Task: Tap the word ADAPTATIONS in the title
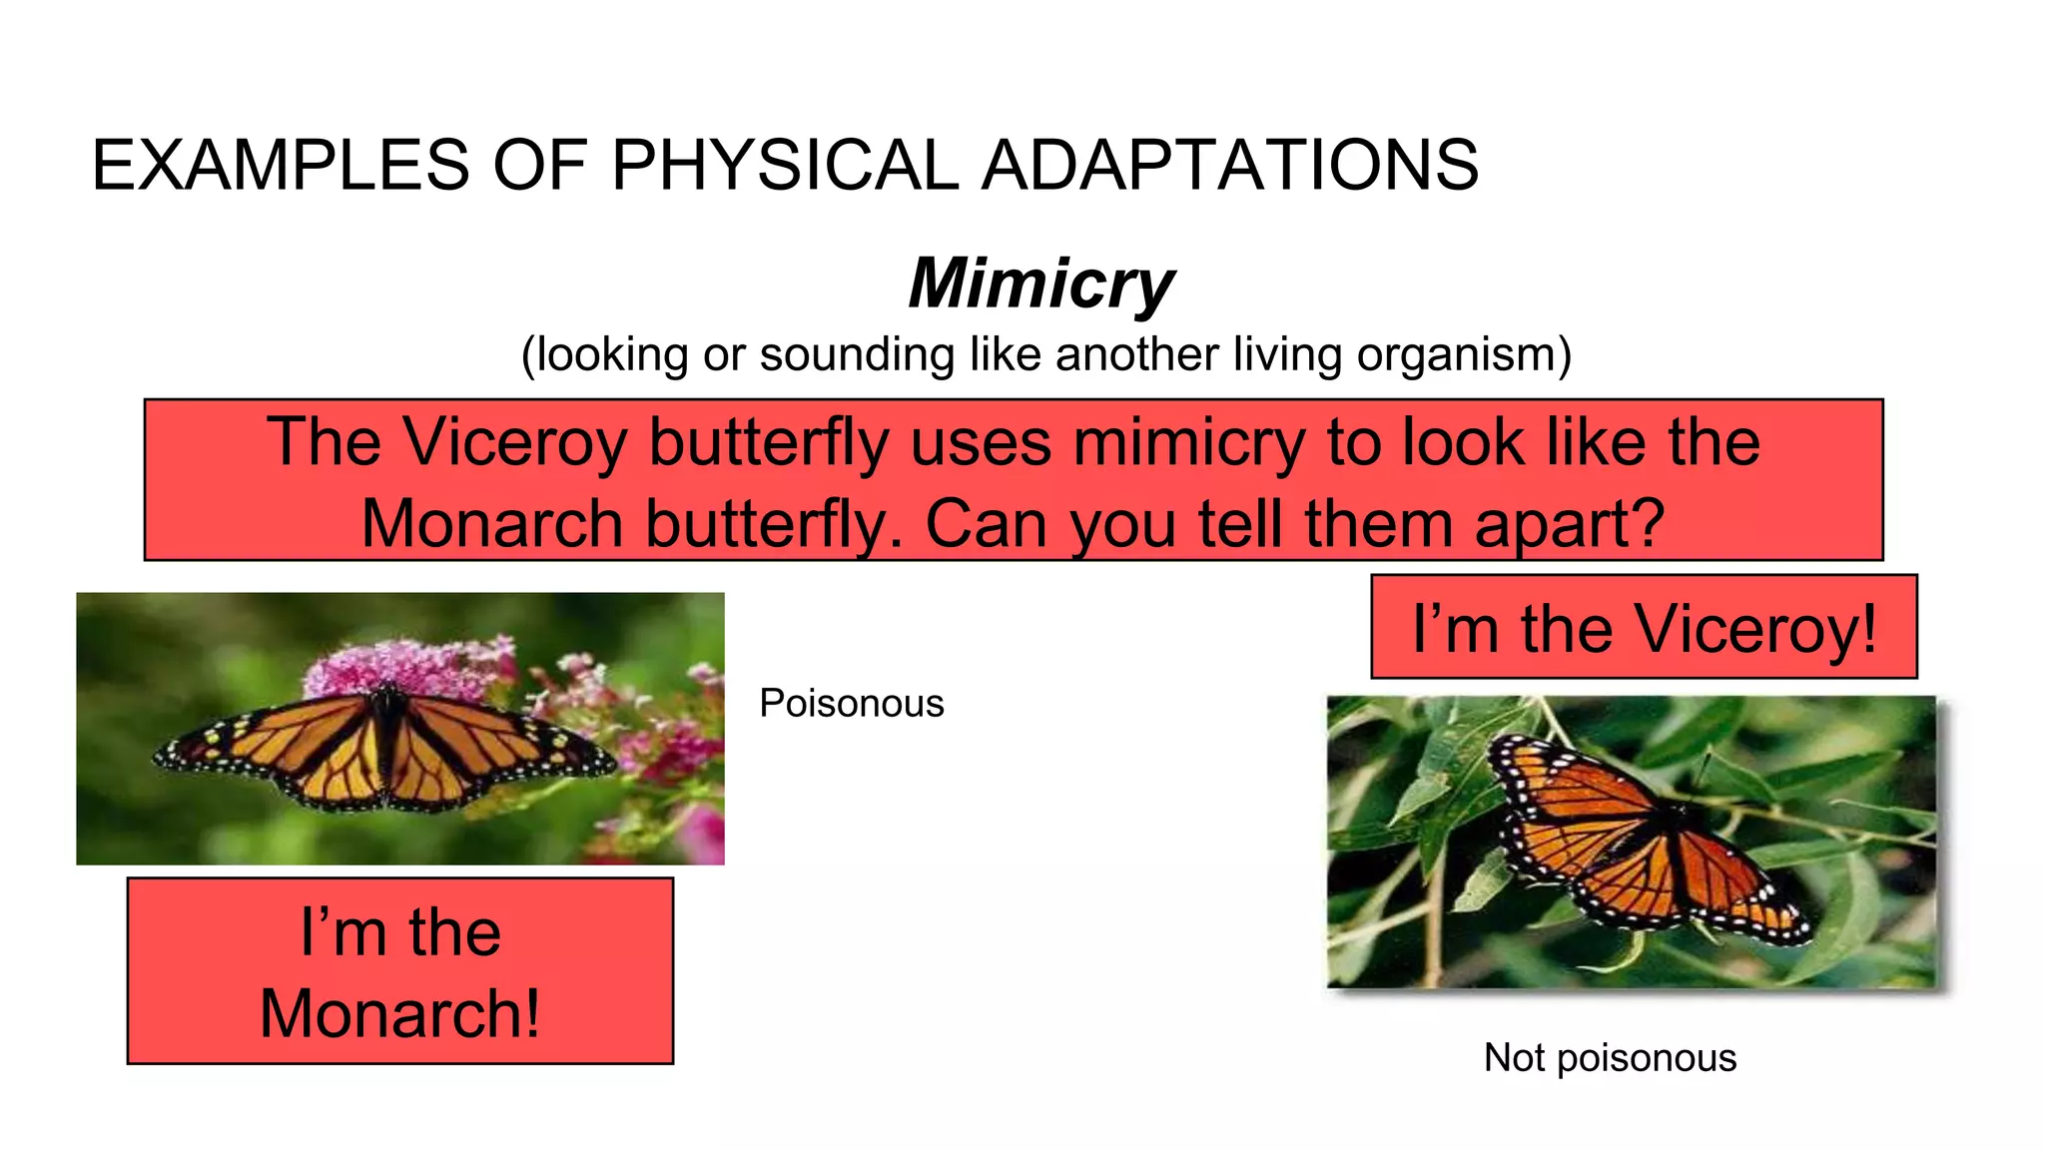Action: (x=1230, y=165)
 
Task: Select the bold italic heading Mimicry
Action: (x=1041, y=284)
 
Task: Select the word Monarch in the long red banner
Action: (x=492, y=523)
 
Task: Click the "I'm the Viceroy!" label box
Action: (x=1644, y=628)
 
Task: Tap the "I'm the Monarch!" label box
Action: (x=400, y=971)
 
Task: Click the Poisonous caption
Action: (x=851, y=704)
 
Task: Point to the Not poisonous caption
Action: (x=1610, y=1058)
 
